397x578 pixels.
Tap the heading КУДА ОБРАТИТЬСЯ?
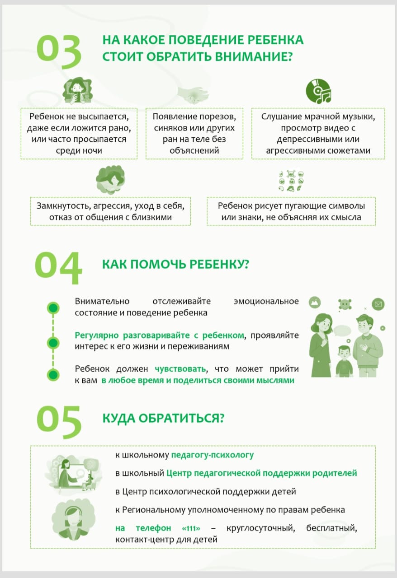(x=163, y=418)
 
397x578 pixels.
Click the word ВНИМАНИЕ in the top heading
(x=247, y=57)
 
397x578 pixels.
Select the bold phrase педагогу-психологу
(x=212, y=455)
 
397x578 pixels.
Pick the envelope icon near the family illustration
(x=378, y=305)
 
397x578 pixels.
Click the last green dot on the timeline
(x=53, y=375)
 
